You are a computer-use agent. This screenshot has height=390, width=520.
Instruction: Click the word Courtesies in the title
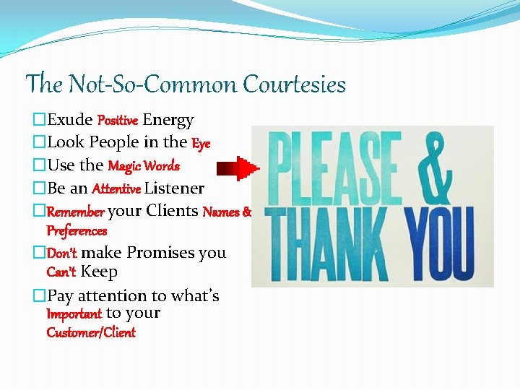(295, 85)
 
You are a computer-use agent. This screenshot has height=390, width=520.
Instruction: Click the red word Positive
(117, 121)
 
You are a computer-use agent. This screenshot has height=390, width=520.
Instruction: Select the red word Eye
(201, 143)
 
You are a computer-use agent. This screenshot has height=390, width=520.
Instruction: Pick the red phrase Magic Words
(143, 166)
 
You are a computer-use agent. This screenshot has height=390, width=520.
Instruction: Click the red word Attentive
(117, 189)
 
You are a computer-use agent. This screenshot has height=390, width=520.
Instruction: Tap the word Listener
(174, 188)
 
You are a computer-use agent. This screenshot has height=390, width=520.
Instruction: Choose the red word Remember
(76, 212)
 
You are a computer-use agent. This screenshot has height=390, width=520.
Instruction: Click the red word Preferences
(76, 231)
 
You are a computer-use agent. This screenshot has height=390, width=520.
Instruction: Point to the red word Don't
(62, 253)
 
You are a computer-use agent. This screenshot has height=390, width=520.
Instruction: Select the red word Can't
(61, 272)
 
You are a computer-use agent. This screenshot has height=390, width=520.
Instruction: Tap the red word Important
(74, 314)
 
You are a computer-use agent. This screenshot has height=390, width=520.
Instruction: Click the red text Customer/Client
(90, 332)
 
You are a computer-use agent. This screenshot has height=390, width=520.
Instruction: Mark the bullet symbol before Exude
(40, 120)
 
